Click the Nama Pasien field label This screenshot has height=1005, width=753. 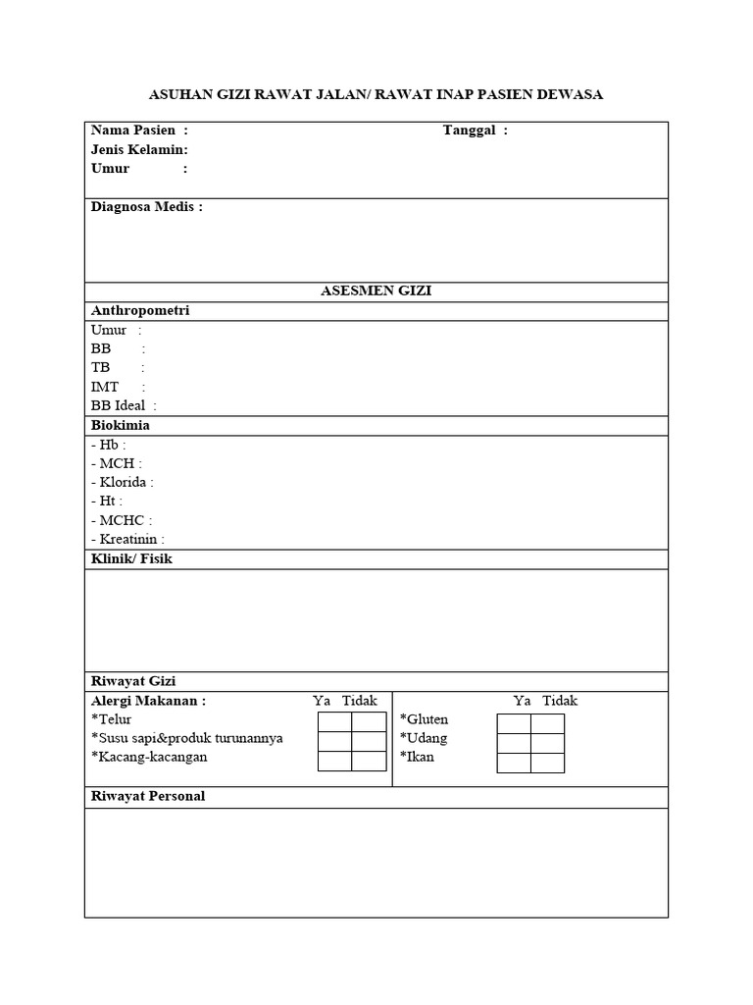pos(133,131)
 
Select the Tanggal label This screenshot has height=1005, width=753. pos(470,131)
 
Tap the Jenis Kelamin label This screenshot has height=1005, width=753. pos(139,150)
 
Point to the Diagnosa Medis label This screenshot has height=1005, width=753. pos(146,207)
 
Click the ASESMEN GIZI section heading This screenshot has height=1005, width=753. pos(376,291)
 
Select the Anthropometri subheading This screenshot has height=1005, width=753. pos(140,310)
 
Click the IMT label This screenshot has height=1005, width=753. pos(105,387)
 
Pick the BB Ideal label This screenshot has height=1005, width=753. pos(119,405)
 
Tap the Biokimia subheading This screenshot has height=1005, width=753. pos(121,426)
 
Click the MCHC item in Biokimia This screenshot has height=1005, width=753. pos(123,520)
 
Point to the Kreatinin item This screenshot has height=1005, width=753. pos(128,539)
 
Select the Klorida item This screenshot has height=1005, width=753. pos(124,482)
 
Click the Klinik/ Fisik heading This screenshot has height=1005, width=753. pos(131,558)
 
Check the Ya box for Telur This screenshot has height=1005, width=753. pos(334,723)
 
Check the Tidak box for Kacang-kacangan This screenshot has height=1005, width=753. pos(370,761)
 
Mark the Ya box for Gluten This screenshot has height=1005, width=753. pos(514,724)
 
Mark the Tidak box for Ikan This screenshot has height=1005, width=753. pos(547,763)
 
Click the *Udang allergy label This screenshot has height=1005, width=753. pos(424,738)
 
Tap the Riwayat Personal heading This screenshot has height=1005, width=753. pos(148,796)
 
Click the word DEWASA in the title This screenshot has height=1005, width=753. pos(570,95)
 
